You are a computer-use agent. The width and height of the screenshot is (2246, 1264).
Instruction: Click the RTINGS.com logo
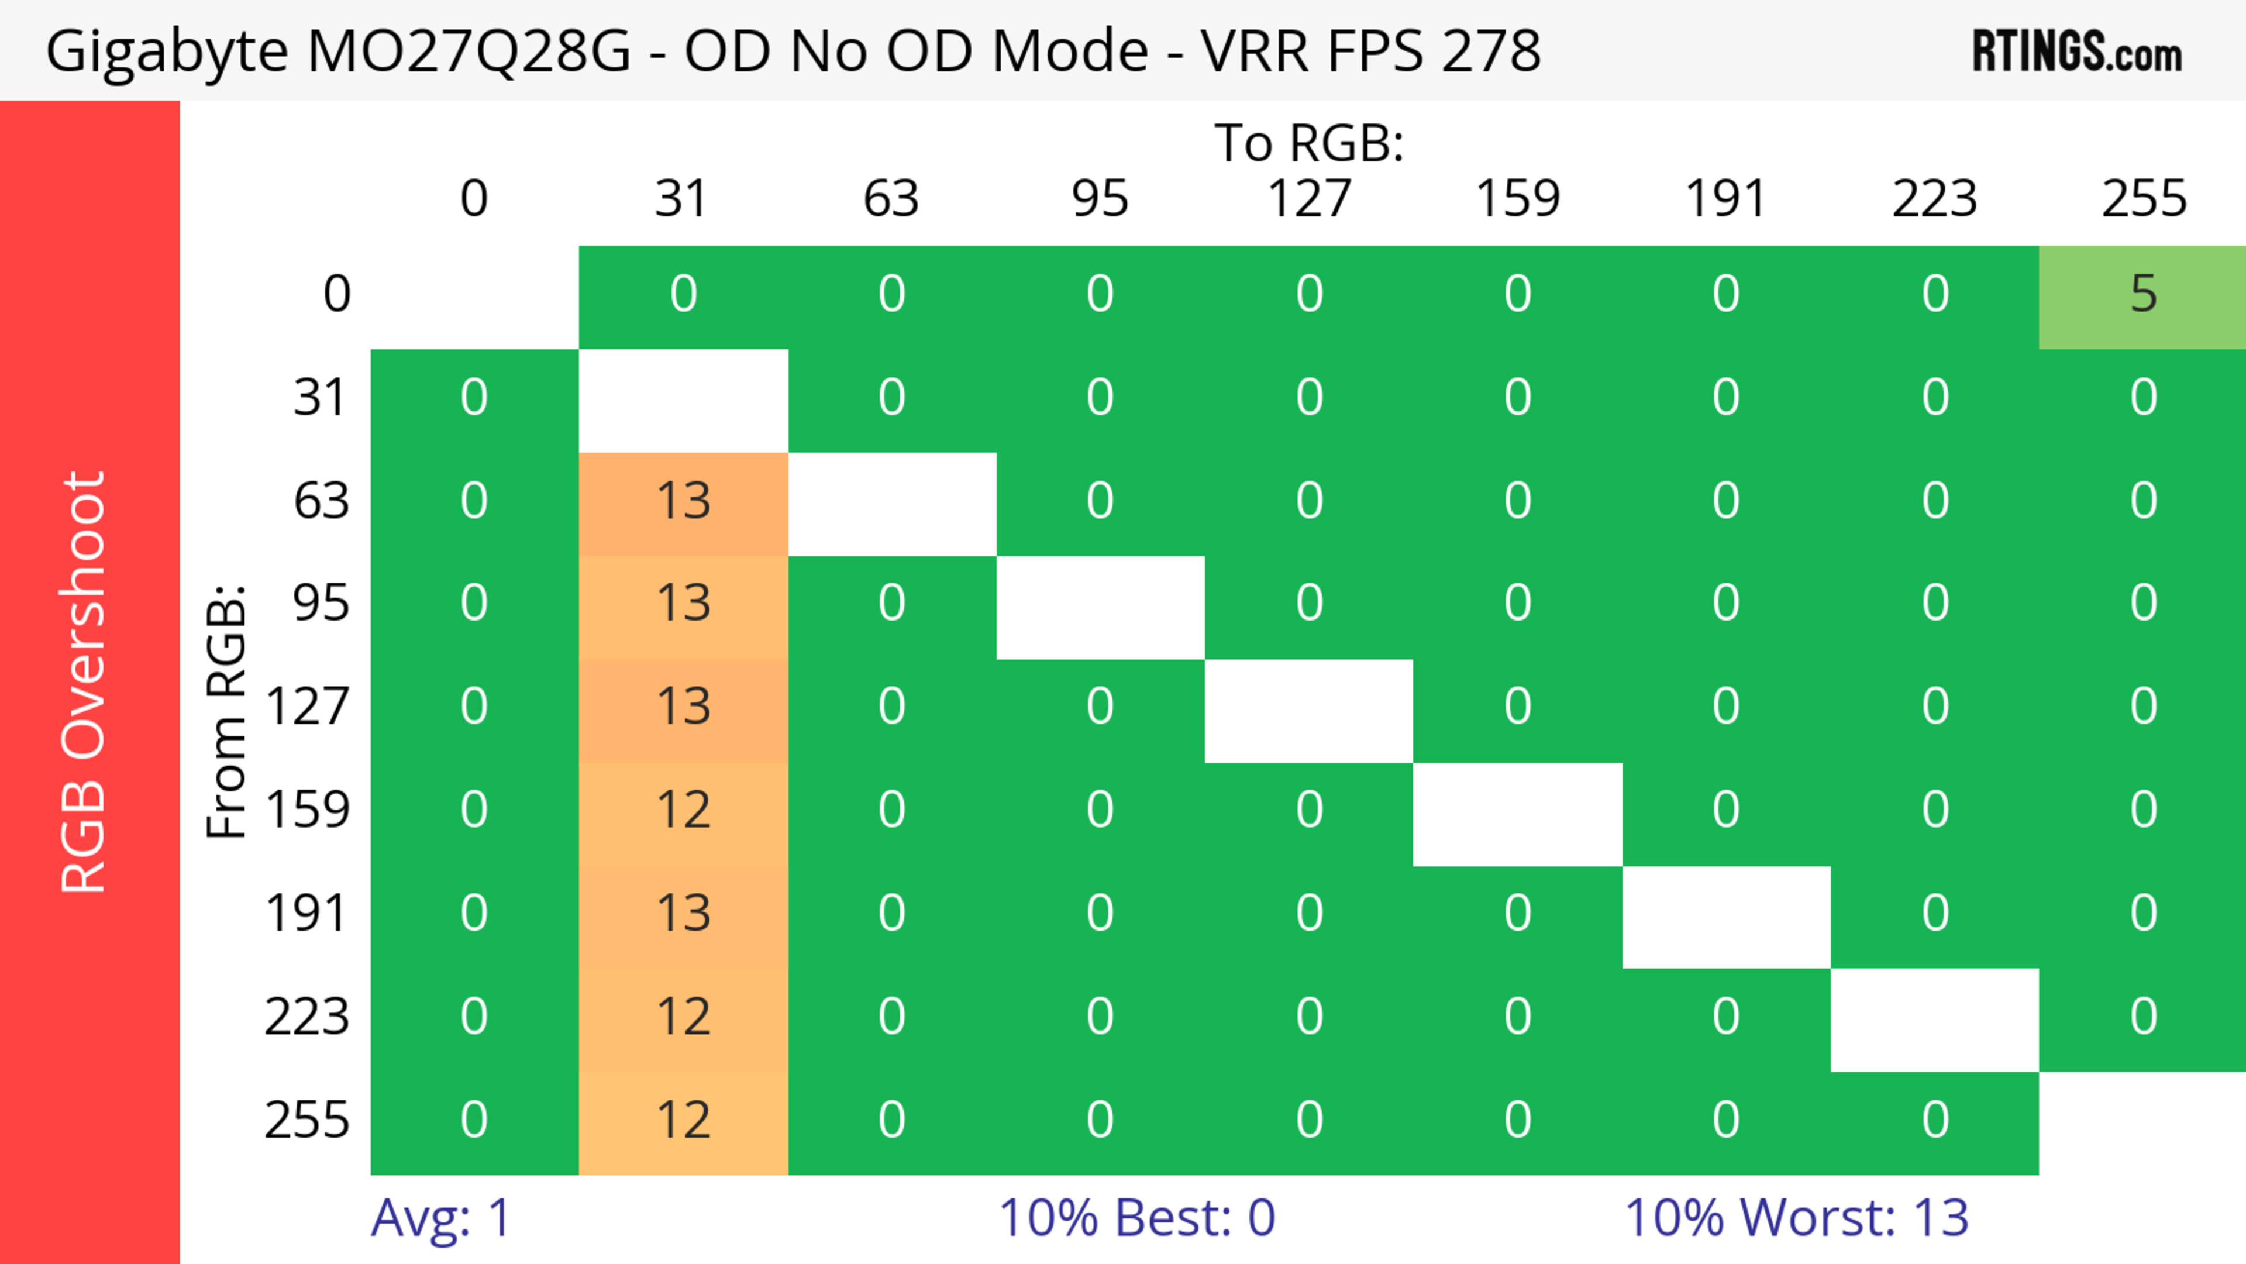click(x=2077, y=51)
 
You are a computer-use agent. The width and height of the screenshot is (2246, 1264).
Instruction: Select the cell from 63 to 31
click(x=684, y=503)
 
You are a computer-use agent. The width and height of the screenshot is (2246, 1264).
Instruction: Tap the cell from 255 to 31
click(x=684, y=1122)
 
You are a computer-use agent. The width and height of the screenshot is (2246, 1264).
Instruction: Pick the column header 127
click(x=1309, y=199)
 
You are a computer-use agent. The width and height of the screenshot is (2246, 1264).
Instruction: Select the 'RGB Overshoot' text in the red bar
click(x=84, y=681)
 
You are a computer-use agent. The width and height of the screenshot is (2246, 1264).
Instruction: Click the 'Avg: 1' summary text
click(x=441, y=1218)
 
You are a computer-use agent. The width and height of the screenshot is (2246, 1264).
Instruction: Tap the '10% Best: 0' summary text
click(x=1136, y=1218)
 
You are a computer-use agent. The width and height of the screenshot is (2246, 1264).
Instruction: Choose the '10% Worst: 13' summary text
click(x=1796, y=1218)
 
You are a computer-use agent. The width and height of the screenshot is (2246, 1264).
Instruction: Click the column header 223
click(x=1935, y=199)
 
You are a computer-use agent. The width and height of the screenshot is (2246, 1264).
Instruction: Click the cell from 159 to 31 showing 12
click(x=684, y=811)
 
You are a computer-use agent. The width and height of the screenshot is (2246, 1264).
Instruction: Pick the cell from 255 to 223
click(x=1935, y=1122)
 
